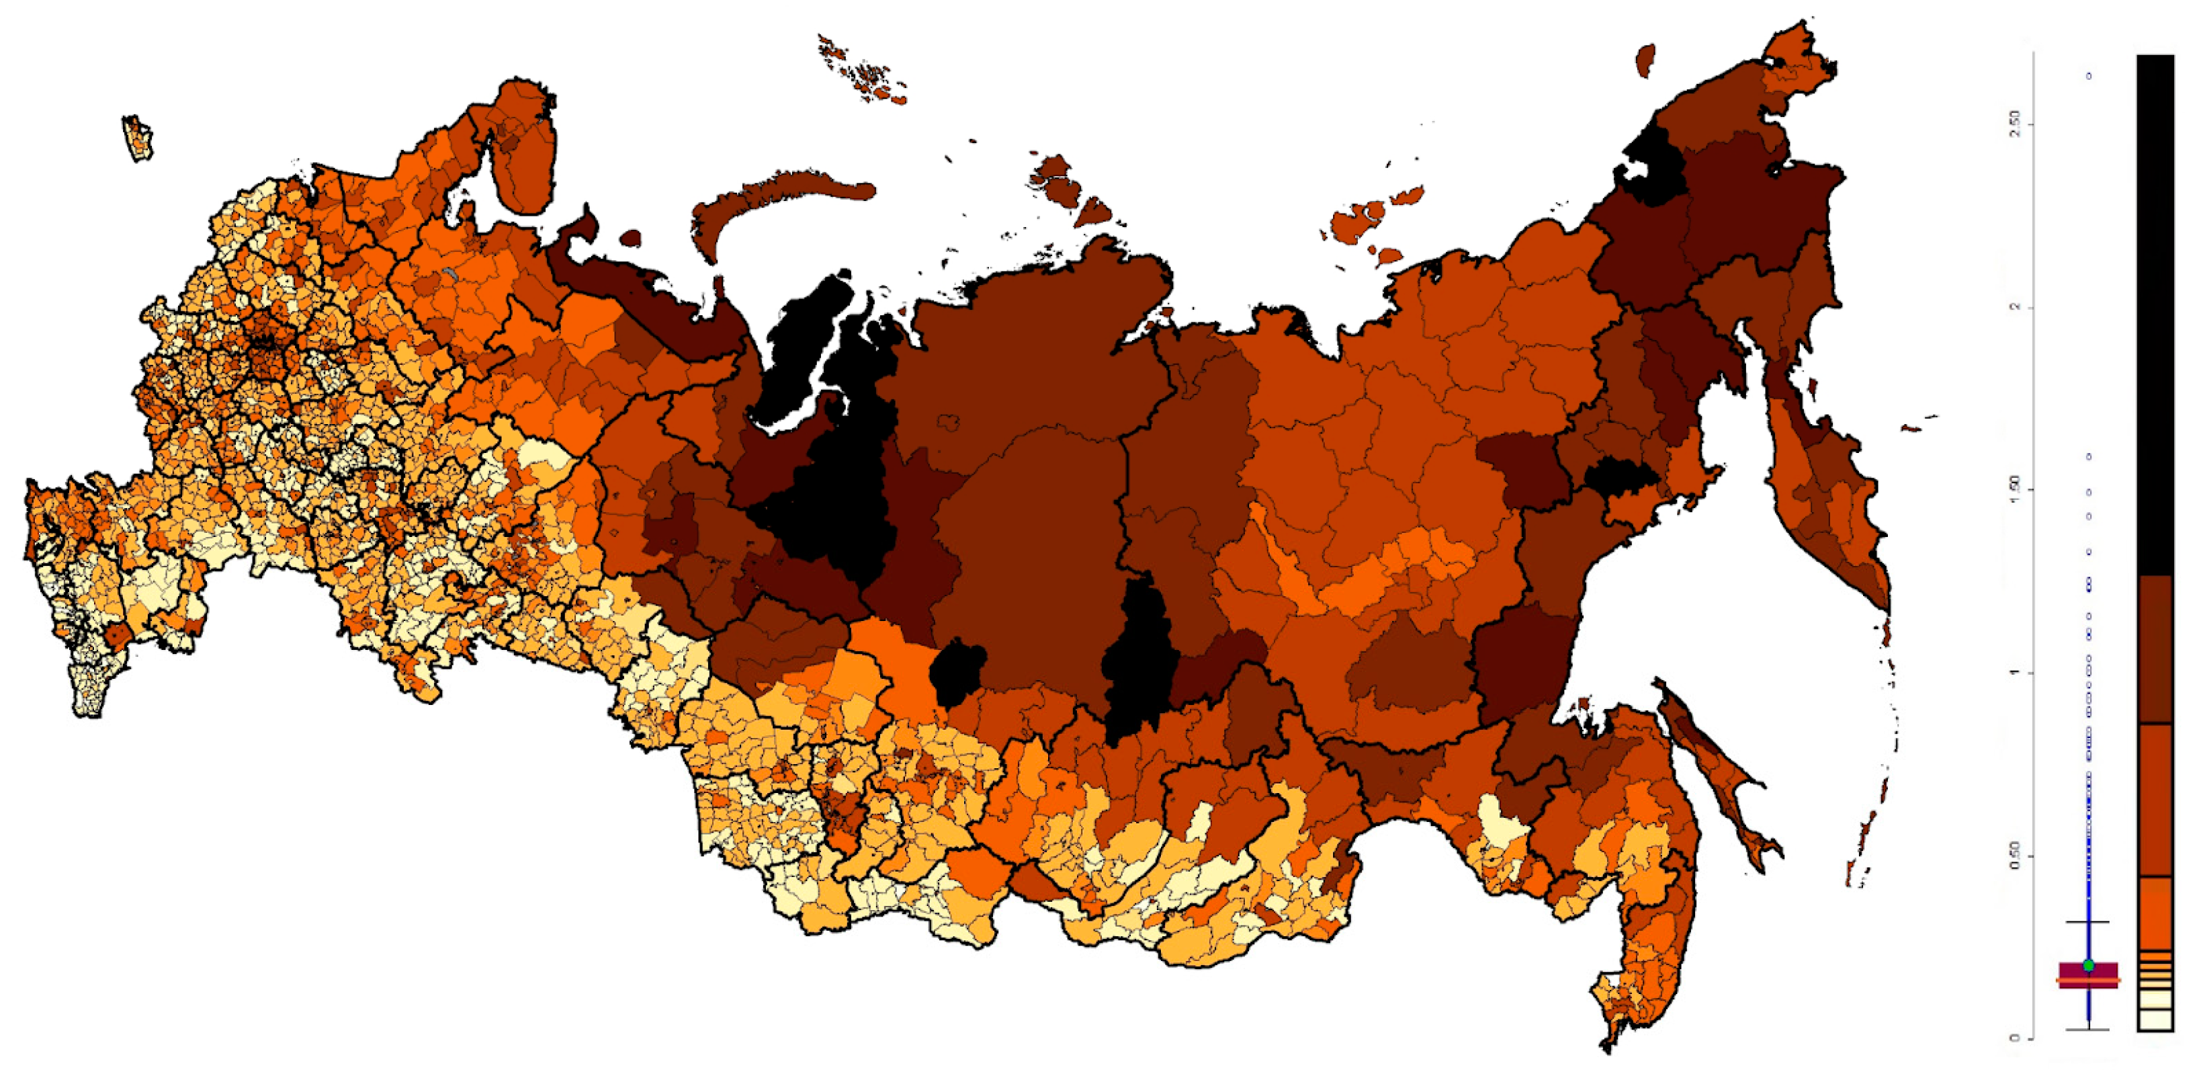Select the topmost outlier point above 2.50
pos(2089,76)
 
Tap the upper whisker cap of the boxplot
pos(2088,922)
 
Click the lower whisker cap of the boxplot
pos(2088,1030)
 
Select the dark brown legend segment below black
pos(2155,649)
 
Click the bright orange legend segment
pos(2155,913)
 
